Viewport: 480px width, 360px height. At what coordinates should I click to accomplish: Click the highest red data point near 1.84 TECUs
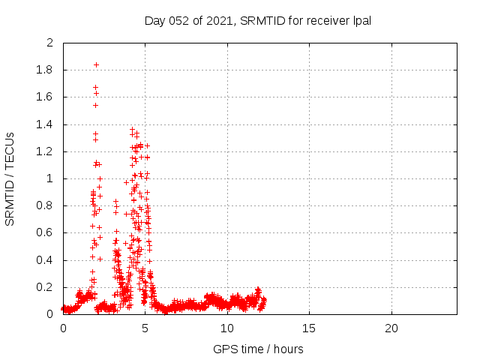[96, 64]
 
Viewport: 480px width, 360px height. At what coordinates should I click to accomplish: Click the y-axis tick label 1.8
[46, 70]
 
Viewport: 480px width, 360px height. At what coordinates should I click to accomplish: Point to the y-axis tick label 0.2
[46, 287]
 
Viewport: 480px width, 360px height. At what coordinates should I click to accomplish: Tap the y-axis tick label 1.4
[46, 124]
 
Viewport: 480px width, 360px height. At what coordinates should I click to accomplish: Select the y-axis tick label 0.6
[46, 233]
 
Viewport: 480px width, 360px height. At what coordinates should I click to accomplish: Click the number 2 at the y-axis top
[50, 43]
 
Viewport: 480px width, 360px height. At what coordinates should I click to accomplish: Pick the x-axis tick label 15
[309, 329]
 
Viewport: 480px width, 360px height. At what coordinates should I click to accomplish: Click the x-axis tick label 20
[391, 329]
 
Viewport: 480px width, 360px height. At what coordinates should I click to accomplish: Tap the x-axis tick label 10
[227, 329]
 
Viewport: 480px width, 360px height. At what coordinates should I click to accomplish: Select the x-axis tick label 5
[145, 329]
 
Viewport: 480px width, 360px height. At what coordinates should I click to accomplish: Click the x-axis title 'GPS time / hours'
[259, 349]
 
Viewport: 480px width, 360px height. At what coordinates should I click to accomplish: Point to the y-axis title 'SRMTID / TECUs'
[10, 178]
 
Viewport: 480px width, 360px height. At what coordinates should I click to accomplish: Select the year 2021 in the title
[219, 20]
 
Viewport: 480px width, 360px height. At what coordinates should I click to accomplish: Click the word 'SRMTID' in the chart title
[261, 20]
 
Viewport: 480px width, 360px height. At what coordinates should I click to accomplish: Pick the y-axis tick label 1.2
[46, 151]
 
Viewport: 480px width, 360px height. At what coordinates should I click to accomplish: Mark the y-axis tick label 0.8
[46, 206]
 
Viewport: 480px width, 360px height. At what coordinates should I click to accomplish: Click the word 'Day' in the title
[155, 20]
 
